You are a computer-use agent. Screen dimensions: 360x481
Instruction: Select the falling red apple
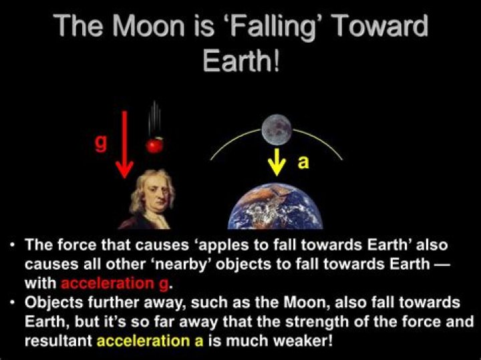click(x=155, y=144)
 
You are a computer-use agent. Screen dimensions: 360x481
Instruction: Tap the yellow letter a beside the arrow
click(x=303, y=162)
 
